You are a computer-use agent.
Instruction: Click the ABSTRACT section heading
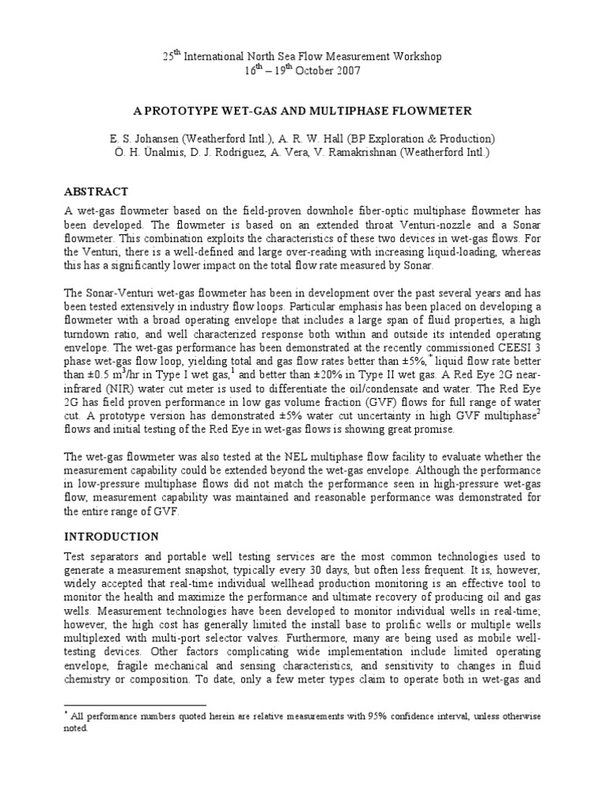pos(95,192)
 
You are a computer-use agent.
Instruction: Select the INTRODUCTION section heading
pos(111,537)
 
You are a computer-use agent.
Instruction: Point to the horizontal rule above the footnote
pos(134,705)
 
